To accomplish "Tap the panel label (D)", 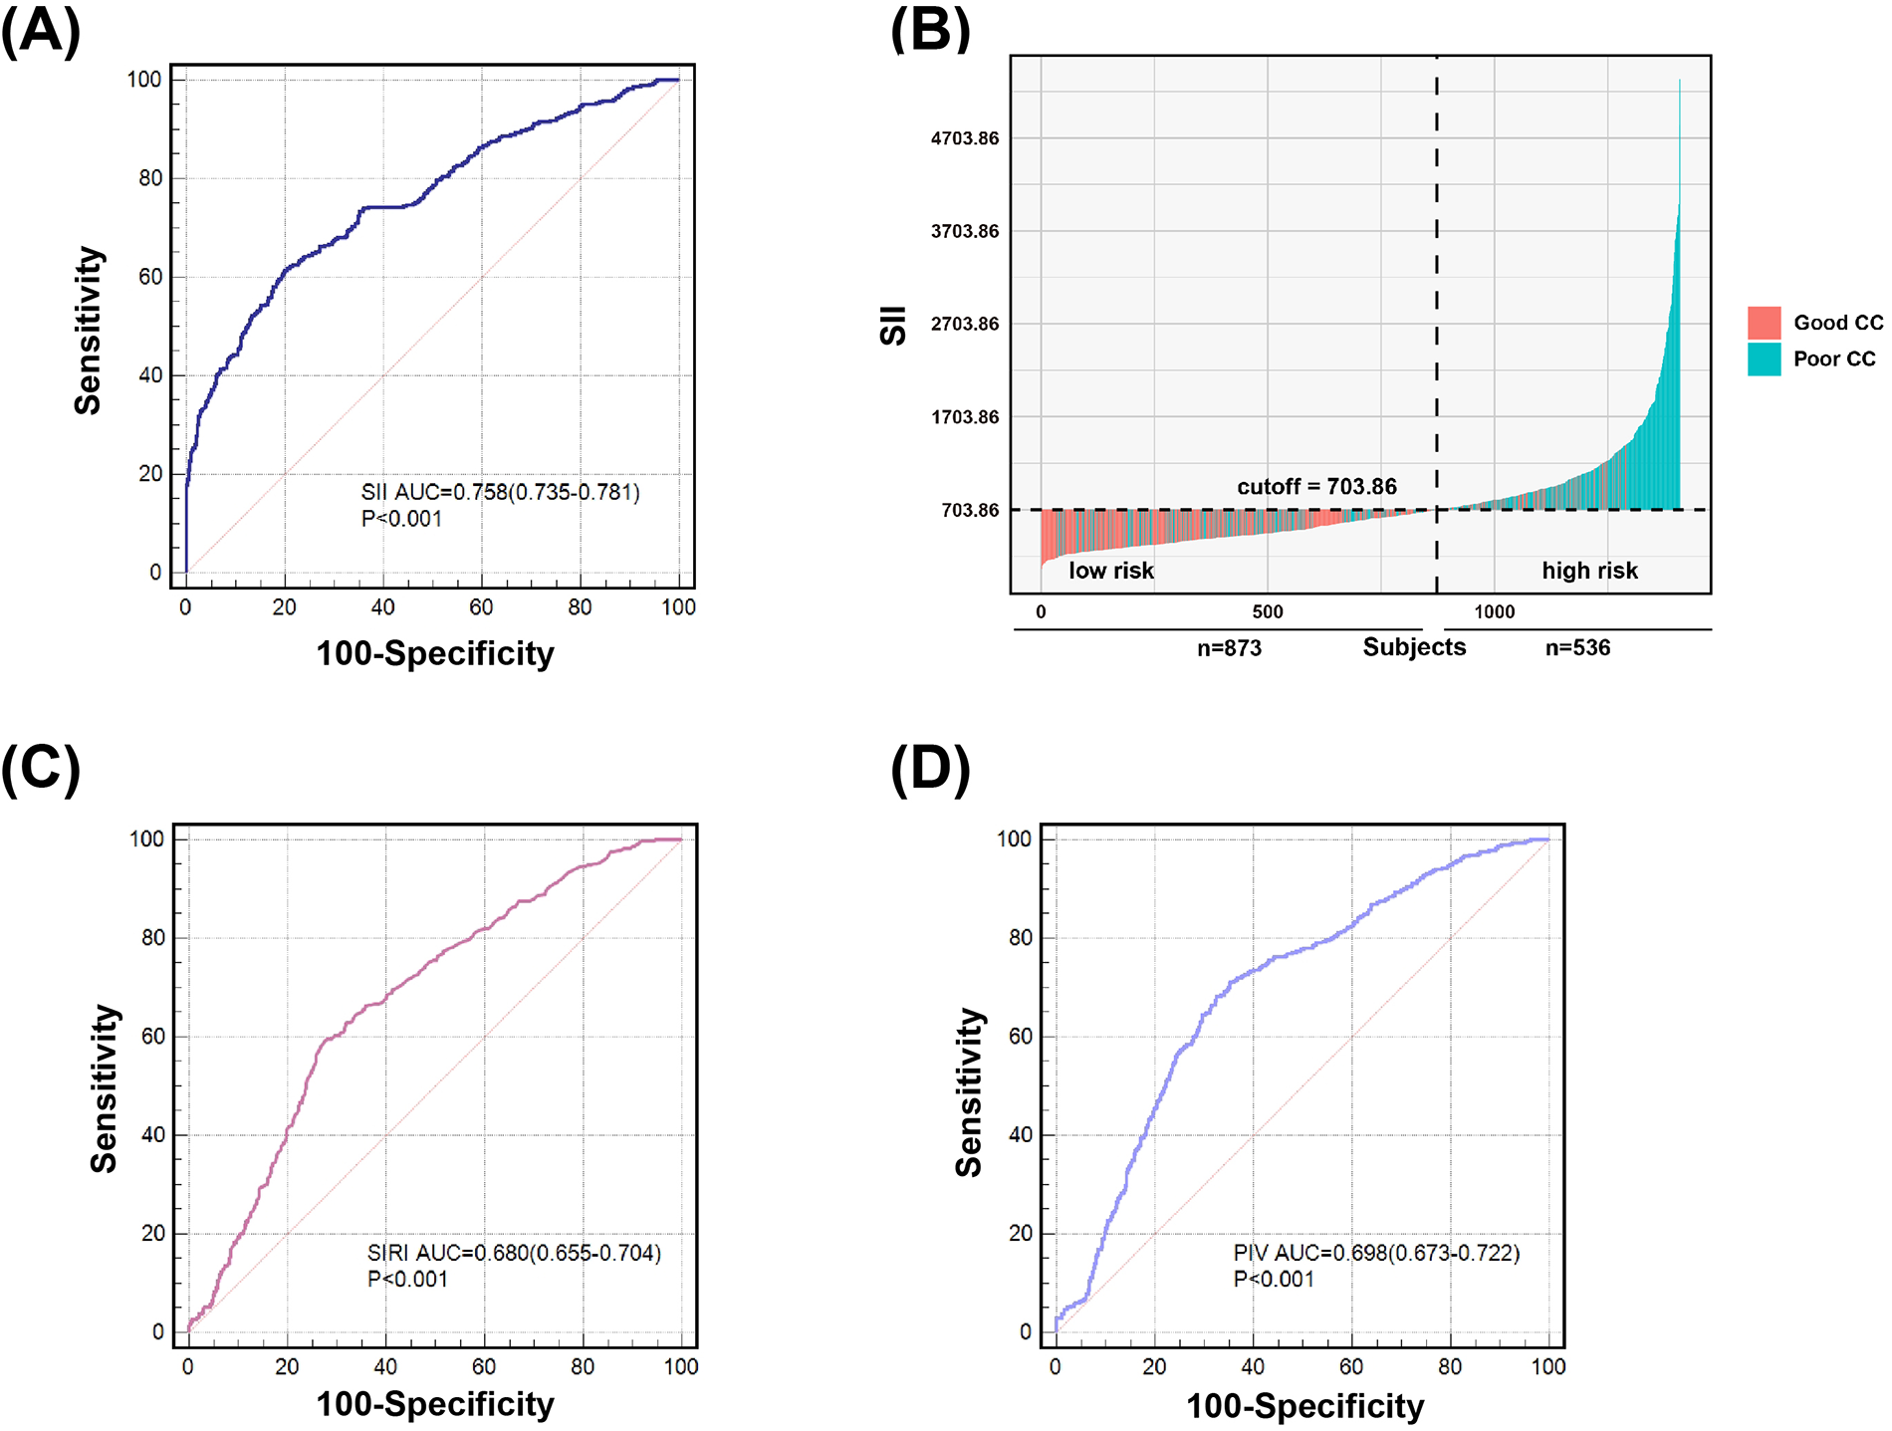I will coord(930,769).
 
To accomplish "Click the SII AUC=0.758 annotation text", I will coord(500,492).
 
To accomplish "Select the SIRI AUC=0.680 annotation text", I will coord(514,1253).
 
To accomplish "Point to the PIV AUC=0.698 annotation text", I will coord(1376,1253).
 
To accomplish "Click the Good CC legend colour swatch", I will coord(1764,323).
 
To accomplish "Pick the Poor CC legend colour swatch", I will coord(1764,358).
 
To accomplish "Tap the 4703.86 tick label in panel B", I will coord(964,138).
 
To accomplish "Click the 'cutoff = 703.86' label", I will coord(1316,486).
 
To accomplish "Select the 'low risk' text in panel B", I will coord(1110,571).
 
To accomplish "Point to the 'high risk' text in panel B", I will coord(1589,571).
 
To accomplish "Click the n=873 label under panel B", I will coord(1229,648).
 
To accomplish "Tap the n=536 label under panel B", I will coord(1577,648).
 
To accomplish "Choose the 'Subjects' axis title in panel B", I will coord(1414,647).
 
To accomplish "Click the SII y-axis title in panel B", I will coord(893,325).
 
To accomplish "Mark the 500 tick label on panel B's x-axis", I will coord(1268,611).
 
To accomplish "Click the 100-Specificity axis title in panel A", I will coord(435,653).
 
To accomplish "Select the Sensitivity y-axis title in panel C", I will coord(104,1088).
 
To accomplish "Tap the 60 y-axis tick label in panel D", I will coord(1020,1036).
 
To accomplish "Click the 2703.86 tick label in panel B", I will coord(964,324).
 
